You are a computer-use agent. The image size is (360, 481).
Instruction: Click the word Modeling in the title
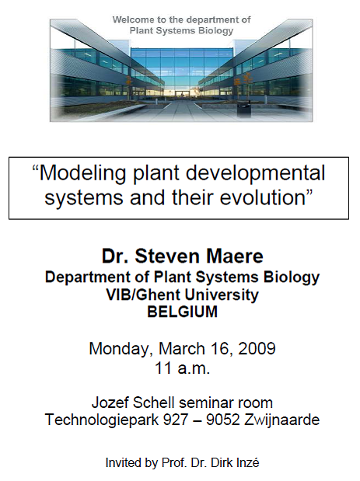click(83, 174)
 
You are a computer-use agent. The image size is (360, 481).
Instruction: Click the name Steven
click(167, 256)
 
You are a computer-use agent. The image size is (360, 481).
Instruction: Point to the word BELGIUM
click(182, 312)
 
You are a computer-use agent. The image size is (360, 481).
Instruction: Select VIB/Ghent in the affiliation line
click(143, 295)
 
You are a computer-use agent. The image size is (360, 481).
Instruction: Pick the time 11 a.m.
click(182, 368)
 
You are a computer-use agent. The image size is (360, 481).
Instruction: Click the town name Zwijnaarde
click(281, 420)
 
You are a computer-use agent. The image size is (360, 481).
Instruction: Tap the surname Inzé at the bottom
click(246, 462)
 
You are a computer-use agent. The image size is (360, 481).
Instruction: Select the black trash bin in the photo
click(243, 110)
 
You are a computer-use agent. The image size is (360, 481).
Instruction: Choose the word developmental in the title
click(255, 174)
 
